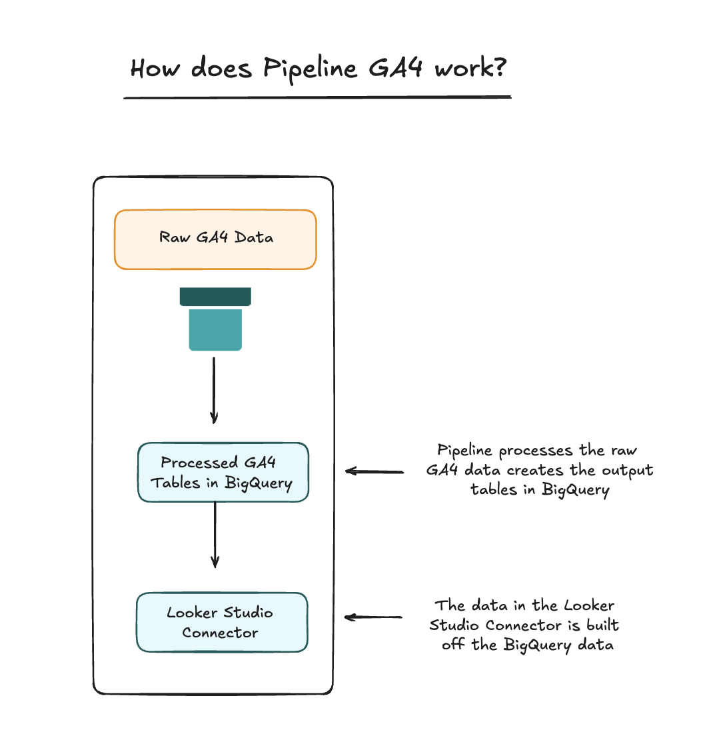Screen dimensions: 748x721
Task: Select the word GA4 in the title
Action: click(395, 67)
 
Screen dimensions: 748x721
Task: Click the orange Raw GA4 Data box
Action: click(215, 239)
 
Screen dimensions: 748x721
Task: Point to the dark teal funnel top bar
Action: click(215, 297)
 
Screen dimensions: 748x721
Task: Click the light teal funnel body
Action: click(215, 329)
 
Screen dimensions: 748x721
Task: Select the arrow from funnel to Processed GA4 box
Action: click(214, 390)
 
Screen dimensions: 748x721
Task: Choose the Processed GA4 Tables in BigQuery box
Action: click(223, 472)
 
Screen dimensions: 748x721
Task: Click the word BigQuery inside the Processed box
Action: click(259, 483)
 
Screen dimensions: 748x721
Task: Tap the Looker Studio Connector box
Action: click(222, 622)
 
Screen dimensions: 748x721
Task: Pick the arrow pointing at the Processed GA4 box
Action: click(374, 471)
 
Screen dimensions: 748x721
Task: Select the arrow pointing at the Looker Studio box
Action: click(373, 617)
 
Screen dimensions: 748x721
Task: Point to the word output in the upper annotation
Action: click(627, 470)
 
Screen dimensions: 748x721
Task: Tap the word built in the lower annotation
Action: click(602, 625)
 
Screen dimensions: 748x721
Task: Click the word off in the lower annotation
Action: click(452, 645)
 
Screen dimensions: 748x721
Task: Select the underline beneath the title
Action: click(317, 98)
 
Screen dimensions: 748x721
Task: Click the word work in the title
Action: click(461, 67)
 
